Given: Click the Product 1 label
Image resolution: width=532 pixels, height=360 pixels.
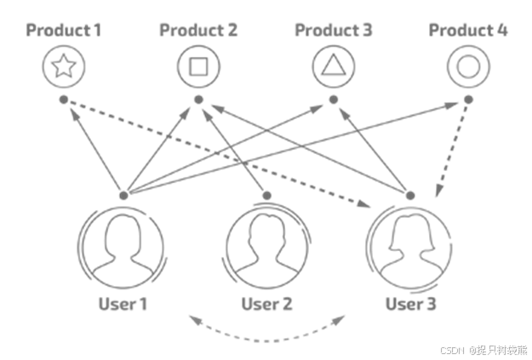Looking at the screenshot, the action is [x=64, y=31].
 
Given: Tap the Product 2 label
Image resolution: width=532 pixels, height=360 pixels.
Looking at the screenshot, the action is [x=198, y=31].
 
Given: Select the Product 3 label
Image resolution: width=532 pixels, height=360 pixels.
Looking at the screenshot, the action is [x=334, y=31].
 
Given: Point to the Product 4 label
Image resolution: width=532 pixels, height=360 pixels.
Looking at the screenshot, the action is [x=468, y=31].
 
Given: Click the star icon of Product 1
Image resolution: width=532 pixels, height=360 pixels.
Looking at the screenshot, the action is [x=64, y=66].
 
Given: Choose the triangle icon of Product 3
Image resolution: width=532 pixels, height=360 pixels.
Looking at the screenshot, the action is [x=334, y=66].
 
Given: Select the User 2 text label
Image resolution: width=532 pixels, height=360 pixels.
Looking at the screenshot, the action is [x=266, y=304].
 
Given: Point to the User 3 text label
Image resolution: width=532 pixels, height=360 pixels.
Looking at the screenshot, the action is [x=410, y=304].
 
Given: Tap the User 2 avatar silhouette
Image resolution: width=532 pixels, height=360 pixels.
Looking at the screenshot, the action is [x=266, y=248].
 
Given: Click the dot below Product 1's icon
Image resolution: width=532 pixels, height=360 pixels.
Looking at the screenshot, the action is [x=64, y=100].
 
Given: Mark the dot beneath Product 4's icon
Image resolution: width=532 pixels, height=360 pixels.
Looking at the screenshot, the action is [x=468, y=100].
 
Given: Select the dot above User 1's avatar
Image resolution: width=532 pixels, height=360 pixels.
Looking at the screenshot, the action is [x=123, y=196].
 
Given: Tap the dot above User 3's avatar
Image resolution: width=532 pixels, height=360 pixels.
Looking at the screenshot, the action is [x=410, y=196].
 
